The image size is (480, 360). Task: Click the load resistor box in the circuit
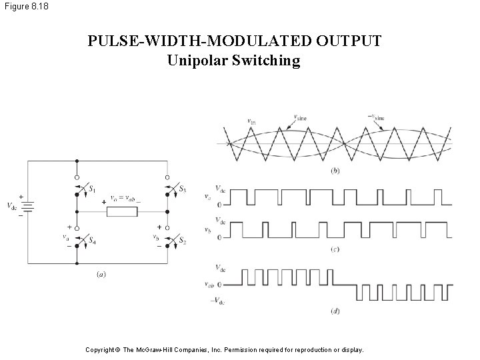[123, 212]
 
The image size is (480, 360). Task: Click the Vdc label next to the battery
[13, 205]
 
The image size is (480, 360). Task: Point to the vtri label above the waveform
[252, 121]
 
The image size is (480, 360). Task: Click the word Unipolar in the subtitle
[196, 61]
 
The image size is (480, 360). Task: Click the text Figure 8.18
[25, 7]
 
